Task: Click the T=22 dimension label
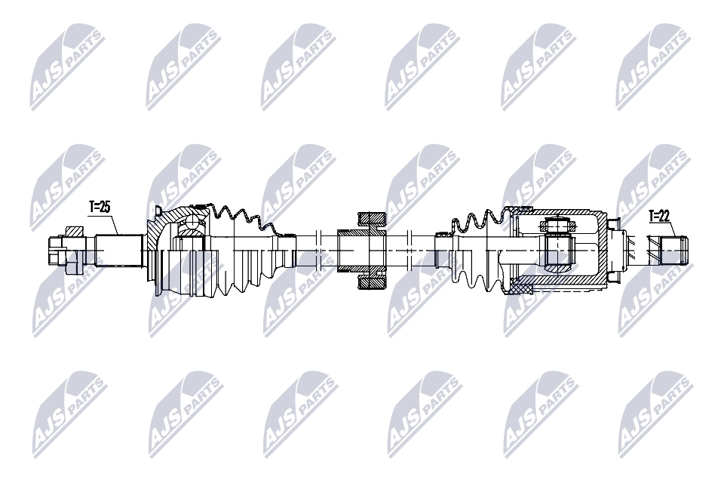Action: [659, 217]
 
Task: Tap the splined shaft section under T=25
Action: [119, 251]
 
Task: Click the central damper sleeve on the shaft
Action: [362, 251]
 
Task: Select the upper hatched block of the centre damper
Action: [372, 220]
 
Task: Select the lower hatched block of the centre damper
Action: [372, 282]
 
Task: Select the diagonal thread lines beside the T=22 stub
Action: [642, 250]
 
